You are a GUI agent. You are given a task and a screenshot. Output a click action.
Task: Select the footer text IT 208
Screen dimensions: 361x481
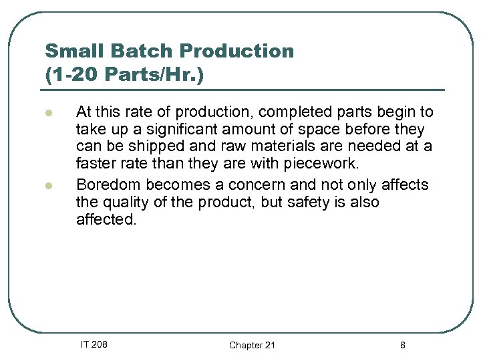[x=94, y=344]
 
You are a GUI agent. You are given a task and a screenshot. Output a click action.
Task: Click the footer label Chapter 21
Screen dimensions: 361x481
[x=252, y=345]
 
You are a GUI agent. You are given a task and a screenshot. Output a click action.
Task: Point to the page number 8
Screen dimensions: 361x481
[x=402, y=345]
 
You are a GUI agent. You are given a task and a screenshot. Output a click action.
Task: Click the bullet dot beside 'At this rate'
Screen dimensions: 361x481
[x=49, y=113]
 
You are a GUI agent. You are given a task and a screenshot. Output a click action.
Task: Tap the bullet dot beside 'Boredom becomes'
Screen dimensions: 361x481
[x=49, y=185]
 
